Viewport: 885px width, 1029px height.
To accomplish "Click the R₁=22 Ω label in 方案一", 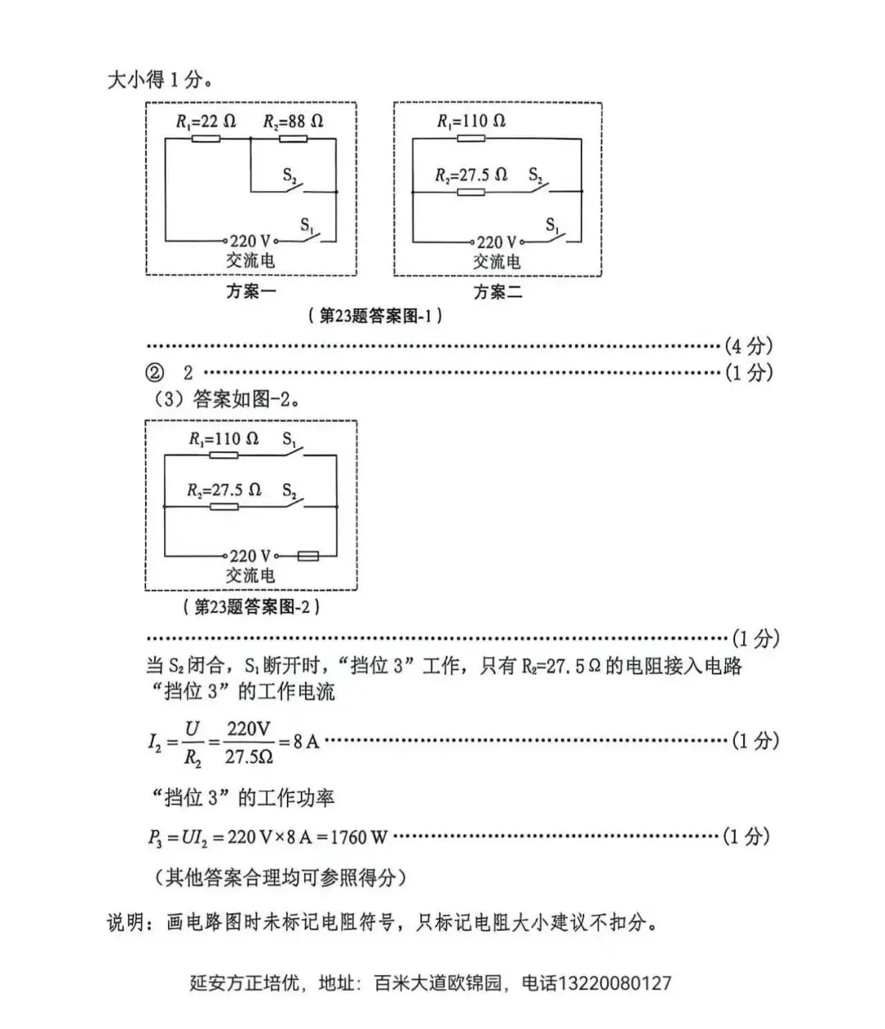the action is (206, 121).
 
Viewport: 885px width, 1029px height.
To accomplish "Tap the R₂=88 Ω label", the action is (293, 121).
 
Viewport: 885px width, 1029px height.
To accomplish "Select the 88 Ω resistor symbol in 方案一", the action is (293, 139).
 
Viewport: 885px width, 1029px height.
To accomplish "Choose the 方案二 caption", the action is (497, 292).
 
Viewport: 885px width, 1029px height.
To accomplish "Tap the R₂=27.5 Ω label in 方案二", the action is (470, 175).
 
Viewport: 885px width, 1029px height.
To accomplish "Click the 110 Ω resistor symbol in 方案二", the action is (470, 138).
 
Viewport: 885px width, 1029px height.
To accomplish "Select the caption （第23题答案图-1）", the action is (375, 315).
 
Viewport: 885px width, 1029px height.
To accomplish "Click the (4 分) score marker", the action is (748, 346).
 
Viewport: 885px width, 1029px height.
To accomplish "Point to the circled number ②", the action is (154, 373).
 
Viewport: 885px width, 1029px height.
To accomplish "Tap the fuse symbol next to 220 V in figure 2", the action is (308, 555).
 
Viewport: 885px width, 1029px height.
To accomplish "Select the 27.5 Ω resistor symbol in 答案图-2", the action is (224, 507).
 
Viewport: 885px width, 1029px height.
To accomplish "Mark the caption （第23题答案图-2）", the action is (251, 607).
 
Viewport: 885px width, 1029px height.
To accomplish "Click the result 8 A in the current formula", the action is (306, 741).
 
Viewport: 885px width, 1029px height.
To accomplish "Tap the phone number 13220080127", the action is (614, 983).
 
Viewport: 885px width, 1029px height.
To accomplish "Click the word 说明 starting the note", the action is (125, 922).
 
